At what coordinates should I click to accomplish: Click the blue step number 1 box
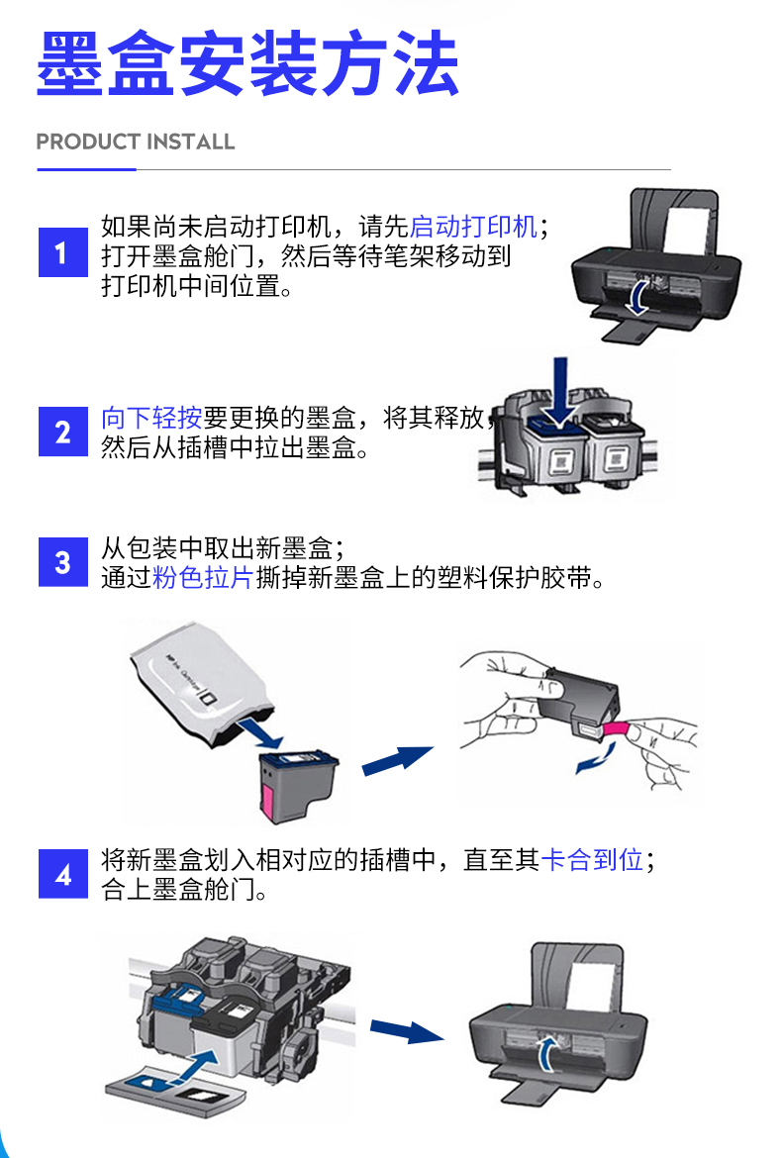pos(62,251)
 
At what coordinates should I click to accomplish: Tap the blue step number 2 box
pos(62,432)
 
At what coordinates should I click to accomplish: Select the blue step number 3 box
pos(62,562)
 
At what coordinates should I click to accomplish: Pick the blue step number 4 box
pos(62,874)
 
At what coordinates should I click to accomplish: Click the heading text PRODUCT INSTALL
pos(136,142)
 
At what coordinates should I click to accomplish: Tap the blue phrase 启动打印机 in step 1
pos(473,226)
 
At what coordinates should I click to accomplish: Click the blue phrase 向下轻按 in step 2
pos(151,418)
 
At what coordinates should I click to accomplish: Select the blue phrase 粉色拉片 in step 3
pos(202,578)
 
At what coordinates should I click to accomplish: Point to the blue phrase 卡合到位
pos(592,860)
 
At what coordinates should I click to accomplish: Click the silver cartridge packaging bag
pos(198,684)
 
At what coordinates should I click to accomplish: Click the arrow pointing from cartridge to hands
pos(397,761)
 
